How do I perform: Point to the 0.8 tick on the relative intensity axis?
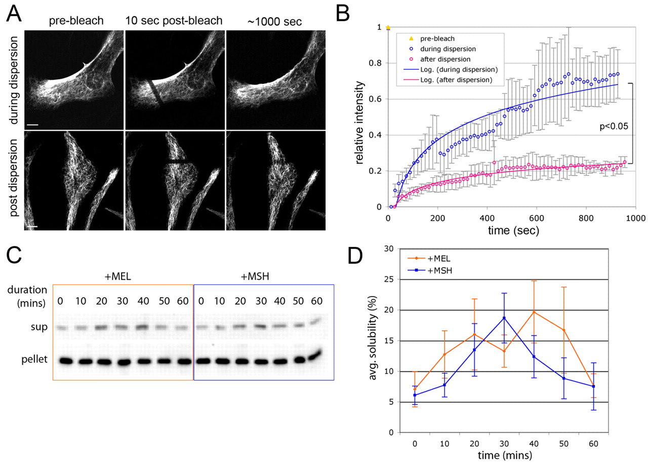tap(377, 63)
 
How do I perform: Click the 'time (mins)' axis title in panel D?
tap(504, 456)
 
